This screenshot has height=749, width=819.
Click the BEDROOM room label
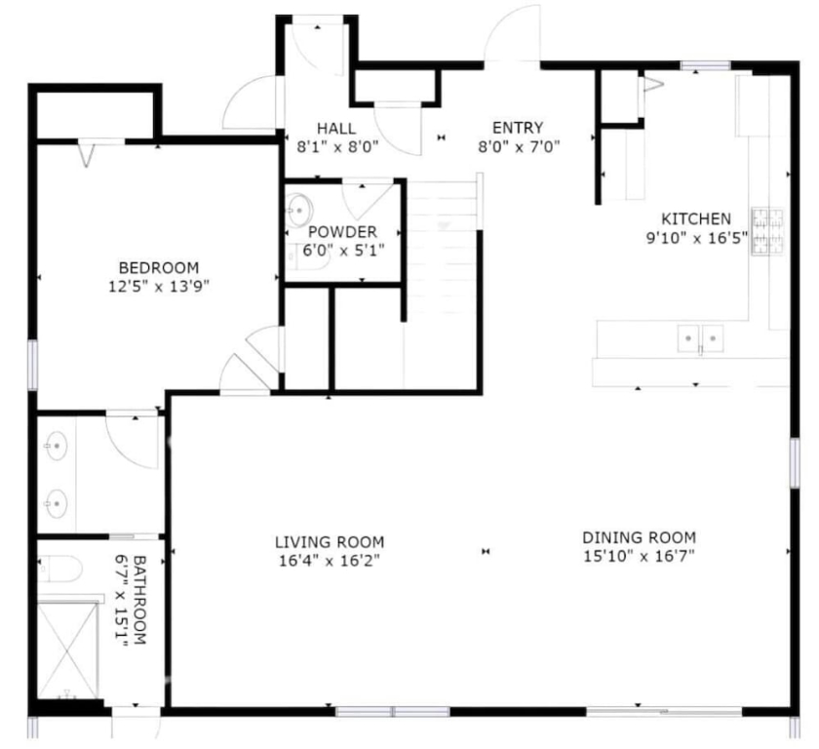coord(159,268)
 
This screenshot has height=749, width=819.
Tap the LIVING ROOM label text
coord(330,542)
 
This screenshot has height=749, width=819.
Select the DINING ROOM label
coord(640,537)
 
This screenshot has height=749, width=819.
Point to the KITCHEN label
coord(696,218)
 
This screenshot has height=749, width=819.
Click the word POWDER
coord(342,232)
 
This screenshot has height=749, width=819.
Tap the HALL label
coord(336,128)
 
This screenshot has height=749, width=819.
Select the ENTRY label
coord(518,128)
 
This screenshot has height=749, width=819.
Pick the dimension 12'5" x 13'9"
coord(159,287)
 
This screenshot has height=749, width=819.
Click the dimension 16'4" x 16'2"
coord(330,561)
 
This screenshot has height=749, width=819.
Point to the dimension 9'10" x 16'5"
coord(697,238)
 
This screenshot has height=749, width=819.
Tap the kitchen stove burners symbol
coord(767,231)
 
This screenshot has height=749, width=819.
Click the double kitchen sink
coord(700,338)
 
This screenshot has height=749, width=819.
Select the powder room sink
coord(298,211)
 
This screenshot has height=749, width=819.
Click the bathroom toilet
coord(60,569)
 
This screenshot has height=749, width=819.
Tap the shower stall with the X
coord(68,650)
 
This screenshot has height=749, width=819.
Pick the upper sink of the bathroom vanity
coord(56,446)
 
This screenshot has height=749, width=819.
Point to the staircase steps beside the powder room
coord(443,251)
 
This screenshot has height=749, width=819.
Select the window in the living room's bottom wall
coord(392,711)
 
